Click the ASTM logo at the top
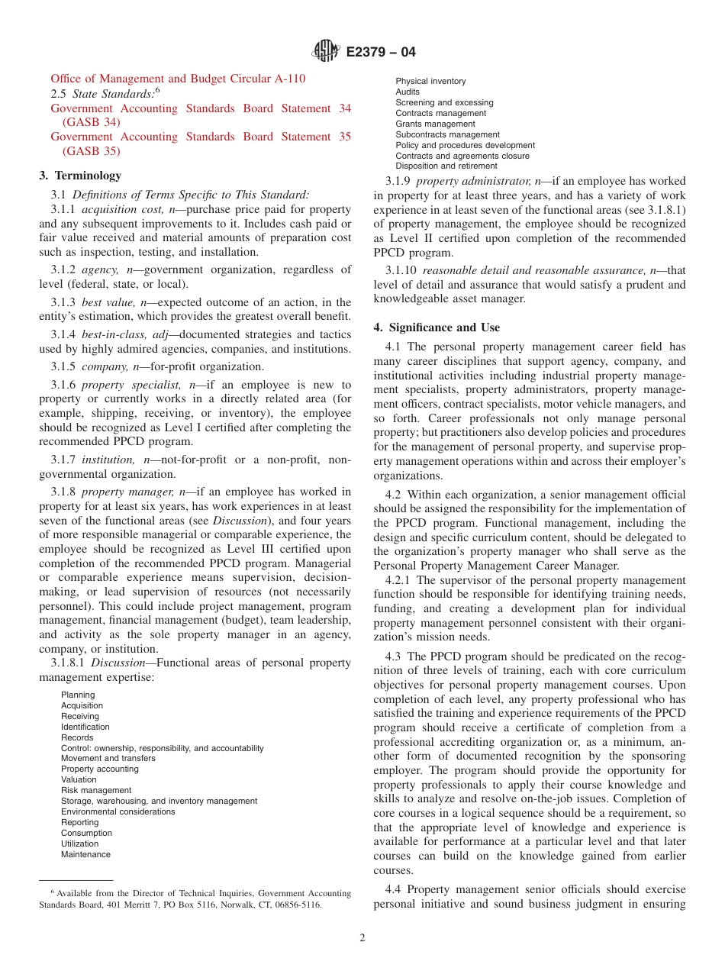click(x=327, y=52)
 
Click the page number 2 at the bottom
click(x=362, y=938)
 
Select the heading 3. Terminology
click(x=79, y=176)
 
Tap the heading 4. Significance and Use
click(x=437, y=327)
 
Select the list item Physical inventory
click(x=430, y=82)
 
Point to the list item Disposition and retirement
click(x=446, y=166)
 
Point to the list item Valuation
click(x=79, y=780)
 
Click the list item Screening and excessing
click(x=444, y=103)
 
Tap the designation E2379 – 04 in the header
click(x=381, y=53)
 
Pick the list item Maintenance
click(x=85, y=855)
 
